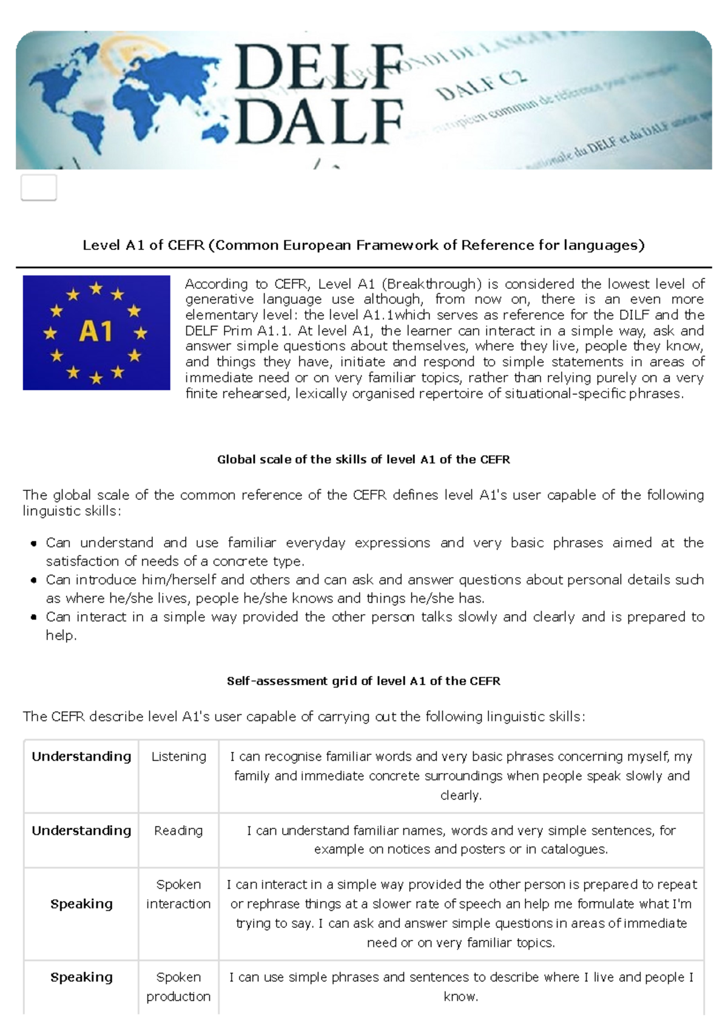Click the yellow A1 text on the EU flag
click(x=96, y=332)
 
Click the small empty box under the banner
click(x=39, y=188)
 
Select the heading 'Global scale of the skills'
click(x=363, y=459)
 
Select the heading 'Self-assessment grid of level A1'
click(x=363, y=681)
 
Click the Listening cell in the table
click(x=178, y=757)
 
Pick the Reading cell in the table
click(x=178, y=831)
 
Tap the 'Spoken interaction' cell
click(x=178, y=894)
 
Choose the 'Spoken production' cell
click(x=178, y=987)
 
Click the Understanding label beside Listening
click(x=81, y=757)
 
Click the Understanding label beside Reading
click(x=81, y=831)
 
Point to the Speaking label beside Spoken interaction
click(x=81, y=904)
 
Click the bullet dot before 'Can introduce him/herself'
click(x=34, y=581)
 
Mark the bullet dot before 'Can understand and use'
click(x=34, y=544)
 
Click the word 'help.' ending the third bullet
click(x=61, y=635)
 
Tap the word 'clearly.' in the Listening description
click(x=461, y=796)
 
